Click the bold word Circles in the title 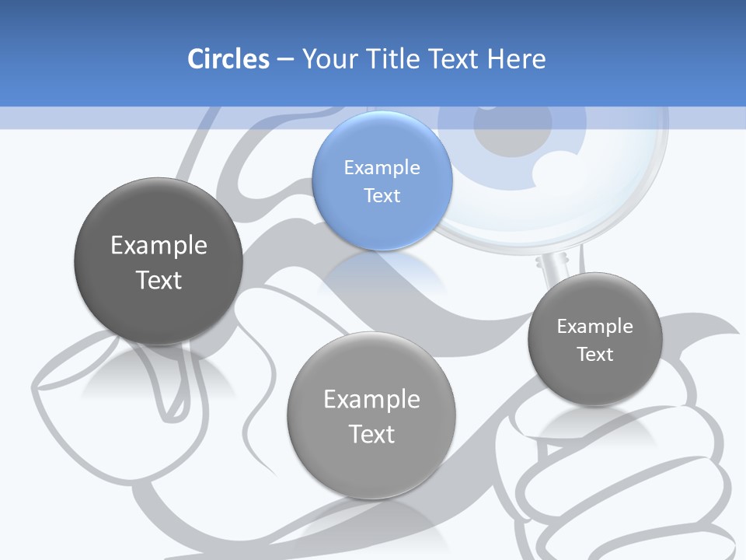click(x=228, y=59)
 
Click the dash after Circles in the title click(x=284, y=60)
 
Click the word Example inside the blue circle click(x=382, y=167)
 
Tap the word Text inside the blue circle click(x=382, y=195)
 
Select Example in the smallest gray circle click(x=594, y=326)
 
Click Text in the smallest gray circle click(x=595, y=354)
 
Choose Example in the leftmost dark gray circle click(x=159, y=245)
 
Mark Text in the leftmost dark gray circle click(x=159, y=280)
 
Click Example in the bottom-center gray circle click(x=371, y=399)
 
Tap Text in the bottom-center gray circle click(x=371, y=434)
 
